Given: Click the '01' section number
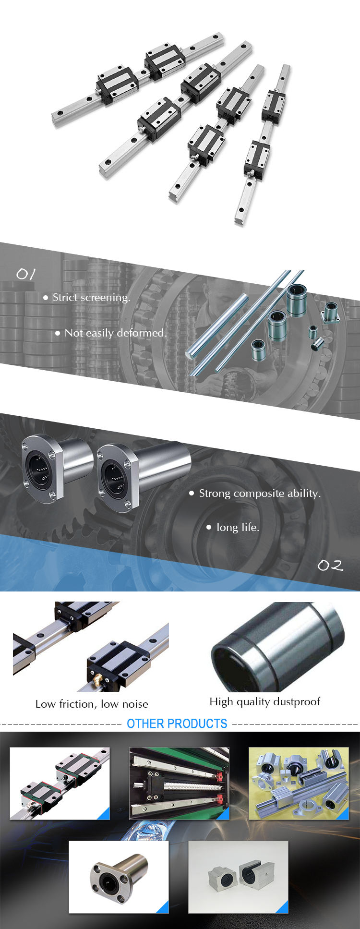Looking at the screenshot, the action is point(26,274).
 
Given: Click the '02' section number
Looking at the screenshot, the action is point(331,566).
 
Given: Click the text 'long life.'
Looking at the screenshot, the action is point(238,527).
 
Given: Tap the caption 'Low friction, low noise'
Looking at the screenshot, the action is point(92,704).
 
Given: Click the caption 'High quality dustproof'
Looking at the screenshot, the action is point(264,702).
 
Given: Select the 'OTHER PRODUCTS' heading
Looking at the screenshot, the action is point(177,724).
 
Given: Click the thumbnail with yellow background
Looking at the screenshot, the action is point(299,783).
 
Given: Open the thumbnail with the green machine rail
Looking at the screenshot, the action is point(179,783).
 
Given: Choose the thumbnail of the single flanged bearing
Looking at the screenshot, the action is point(119,877).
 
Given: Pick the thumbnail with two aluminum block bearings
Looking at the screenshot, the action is point(238,877).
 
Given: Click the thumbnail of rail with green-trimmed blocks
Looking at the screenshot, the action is point(60,783).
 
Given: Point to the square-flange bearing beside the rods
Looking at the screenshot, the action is point(331,313).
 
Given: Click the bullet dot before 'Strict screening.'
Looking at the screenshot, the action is point(46,298).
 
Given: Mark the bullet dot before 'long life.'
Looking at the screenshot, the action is point(209,527).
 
